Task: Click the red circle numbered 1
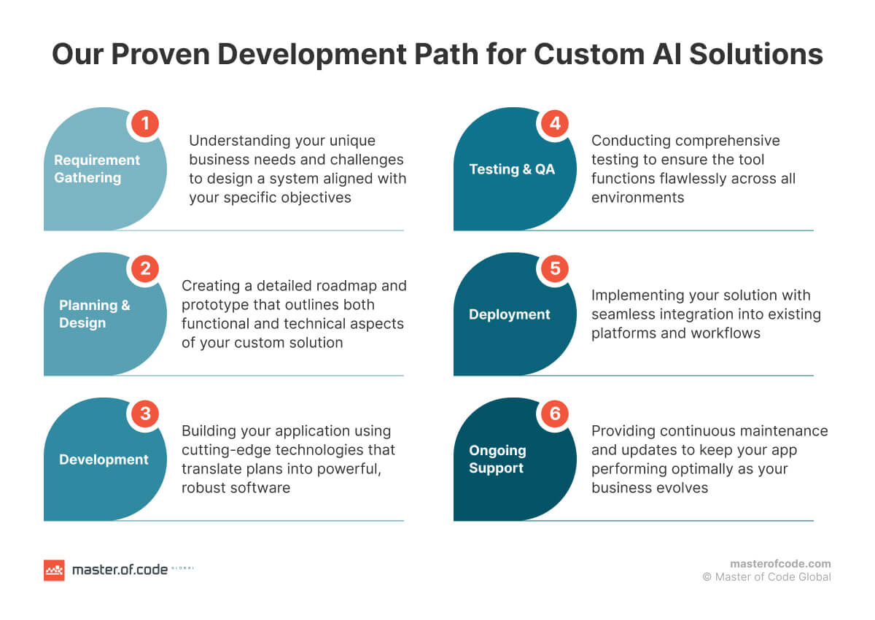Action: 145,124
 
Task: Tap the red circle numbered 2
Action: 145,269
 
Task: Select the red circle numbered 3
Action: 145,414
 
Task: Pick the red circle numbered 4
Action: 555,124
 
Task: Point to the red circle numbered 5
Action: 555,269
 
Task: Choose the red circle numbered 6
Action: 555,414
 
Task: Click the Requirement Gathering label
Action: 96,168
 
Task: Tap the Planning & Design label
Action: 94,314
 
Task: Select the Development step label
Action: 104,460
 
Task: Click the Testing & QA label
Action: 512,169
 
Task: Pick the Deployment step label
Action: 509,314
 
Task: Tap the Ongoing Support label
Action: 497,460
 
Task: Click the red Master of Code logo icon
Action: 54,570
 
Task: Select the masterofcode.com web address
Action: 780,563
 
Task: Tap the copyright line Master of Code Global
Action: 766,577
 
